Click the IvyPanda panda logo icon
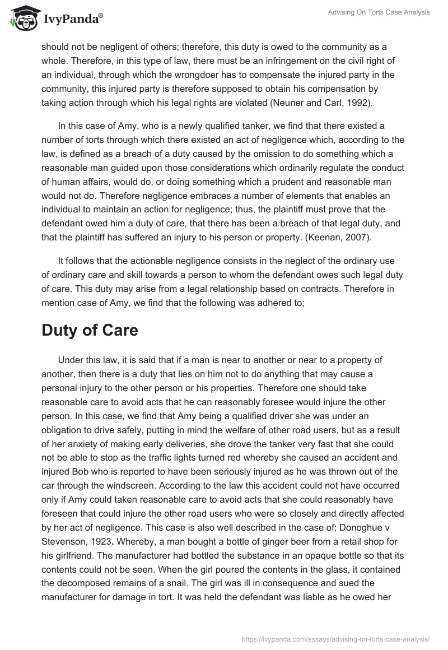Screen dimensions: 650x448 click(x=23, y=18)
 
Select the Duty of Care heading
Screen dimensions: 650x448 click(x=90, y=330)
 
